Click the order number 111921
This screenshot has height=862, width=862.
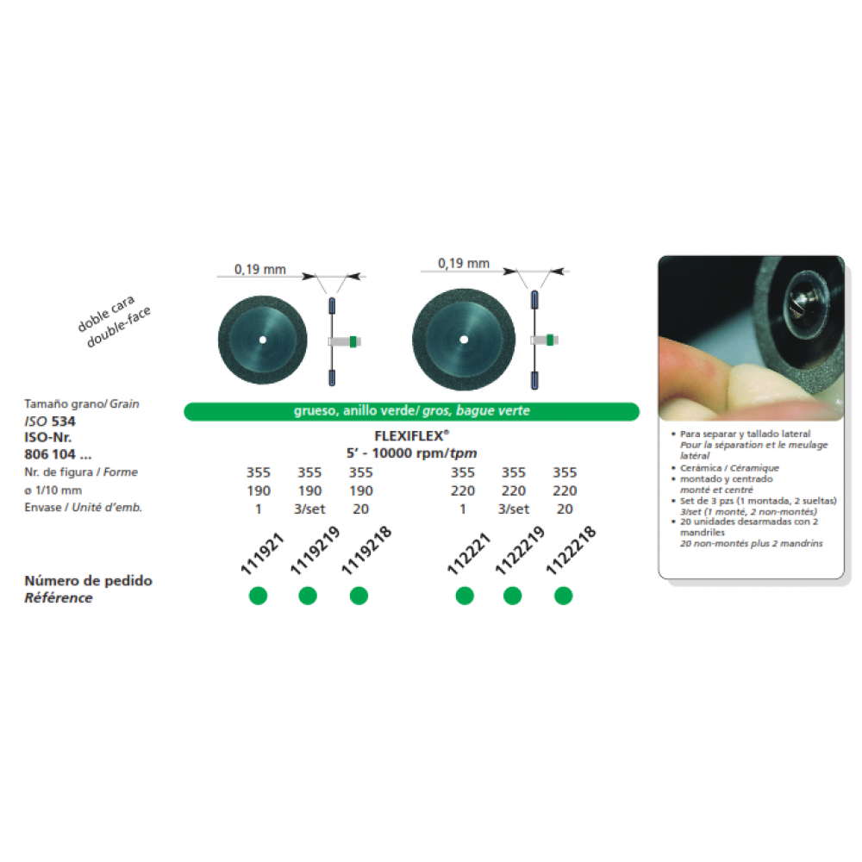(x=256, y=553)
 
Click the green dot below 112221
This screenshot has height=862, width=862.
(x=465, y=595)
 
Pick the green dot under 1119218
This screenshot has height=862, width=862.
(x=359, y=595)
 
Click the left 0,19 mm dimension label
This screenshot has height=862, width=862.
(x=262, y=269)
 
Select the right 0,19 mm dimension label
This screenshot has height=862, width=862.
(x=464, y=263)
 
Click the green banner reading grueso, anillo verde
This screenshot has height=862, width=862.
(x=410, y=411)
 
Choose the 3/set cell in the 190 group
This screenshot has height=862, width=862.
(x=309, y=508)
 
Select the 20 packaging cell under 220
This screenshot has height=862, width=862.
(x=565, y=508)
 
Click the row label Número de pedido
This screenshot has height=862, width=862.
(x=88, y=581)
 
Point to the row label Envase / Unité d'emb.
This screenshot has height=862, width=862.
(x=84, y=508)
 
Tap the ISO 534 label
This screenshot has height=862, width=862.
(x=53, y=422)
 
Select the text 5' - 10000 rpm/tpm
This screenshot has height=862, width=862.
(x=410, y=453)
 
